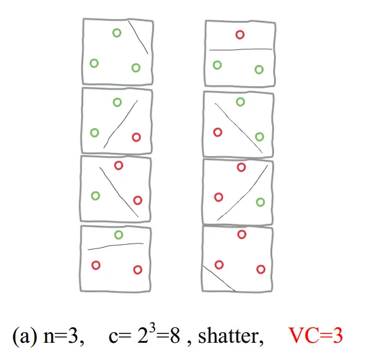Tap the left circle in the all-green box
click(94, 63)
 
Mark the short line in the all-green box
click(139, 38)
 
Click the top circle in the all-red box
click(242, 234)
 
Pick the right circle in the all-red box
click(261, 269)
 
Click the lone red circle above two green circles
click(240, 35)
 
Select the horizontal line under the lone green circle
click(116, 246)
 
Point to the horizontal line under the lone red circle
click(240, 49)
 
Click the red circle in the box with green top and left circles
click(137, 137)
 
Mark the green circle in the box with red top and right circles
click(95, 196)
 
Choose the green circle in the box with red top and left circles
click(261, 202)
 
